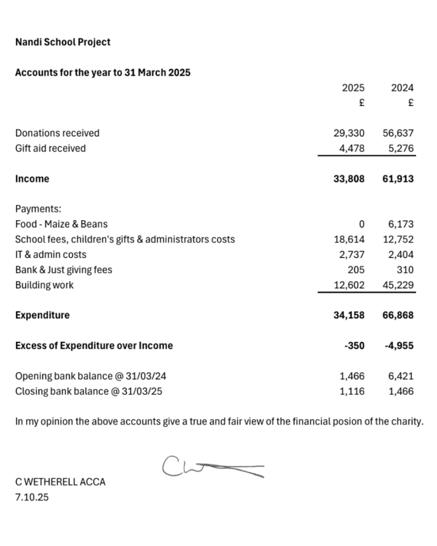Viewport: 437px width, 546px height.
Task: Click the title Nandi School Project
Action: (x=63, y=42)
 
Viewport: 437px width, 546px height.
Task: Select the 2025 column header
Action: (x=353, y=88)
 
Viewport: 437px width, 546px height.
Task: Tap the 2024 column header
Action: (x=402, y=88)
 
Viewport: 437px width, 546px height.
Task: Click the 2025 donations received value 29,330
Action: (x=349, y=133)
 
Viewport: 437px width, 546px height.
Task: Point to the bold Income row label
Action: (x=32, y=179)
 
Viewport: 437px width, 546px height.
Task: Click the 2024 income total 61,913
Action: (x=398, y=179)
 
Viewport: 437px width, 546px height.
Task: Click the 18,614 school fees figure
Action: (x=349, y=239)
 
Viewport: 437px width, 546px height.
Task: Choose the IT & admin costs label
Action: (x=51, y=255)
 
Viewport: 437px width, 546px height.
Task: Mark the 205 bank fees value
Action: (x=356, y=270)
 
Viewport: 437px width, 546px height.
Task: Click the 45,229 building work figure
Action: (x=398, y=285)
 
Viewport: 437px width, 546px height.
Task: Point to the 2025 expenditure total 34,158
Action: (x=349, y=315)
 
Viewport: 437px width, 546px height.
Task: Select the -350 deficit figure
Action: (x=354, y=346)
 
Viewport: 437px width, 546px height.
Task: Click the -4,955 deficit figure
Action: (x=399, y=346)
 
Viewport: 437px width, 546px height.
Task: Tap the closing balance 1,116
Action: (x=352, y=391)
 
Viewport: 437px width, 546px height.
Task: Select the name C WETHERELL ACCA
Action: (x=60, y=482)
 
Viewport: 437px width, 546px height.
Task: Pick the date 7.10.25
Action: (x=32, y=498)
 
